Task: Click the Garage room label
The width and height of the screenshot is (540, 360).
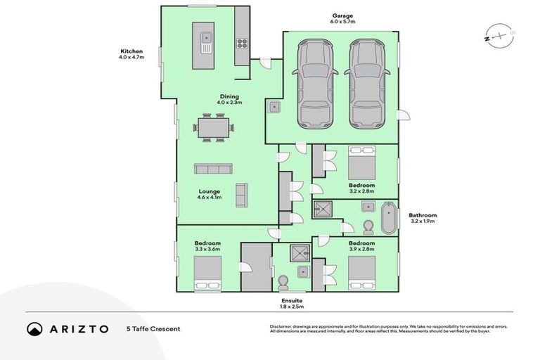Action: coord(343,15)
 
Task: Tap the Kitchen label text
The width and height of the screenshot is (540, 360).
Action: coord(131,51)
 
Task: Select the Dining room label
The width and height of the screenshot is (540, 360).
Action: coord(230,96)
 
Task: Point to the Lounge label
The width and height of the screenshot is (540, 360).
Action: coord(209,191)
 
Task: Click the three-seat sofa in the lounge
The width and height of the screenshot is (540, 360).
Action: coord(213,169)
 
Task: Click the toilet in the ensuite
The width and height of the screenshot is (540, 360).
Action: coord(283,281)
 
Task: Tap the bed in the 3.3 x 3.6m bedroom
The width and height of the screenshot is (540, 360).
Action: coord(207,272)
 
